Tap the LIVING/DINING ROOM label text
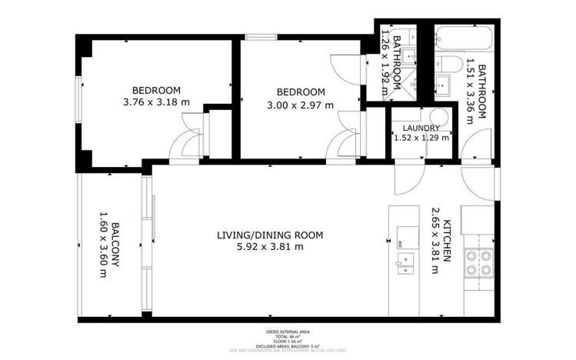click(x=270, y=235)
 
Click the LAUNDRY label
click(x=421, y=128)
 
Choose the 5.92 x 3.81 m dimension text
click(x=270, y=247)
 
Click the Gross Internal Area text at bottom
click(x=287, y=332)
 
